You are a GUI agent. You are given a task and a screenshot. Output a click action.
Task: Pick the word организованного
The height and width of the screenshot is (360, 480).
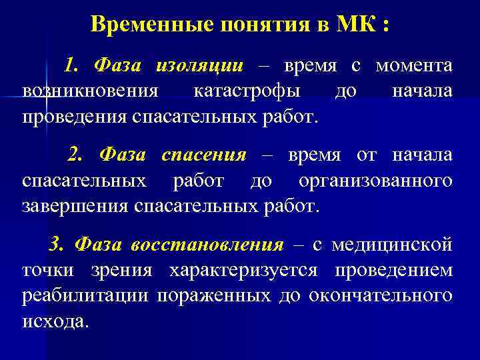[x=375, y=180]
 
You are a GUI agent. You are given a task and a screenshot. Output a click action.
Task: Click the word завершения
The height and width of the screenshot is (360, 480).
[x=75, y=205]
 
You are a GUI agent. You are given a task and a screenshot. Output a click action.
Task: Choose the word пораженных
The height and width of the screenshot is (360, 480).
[x=213, y=295]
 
